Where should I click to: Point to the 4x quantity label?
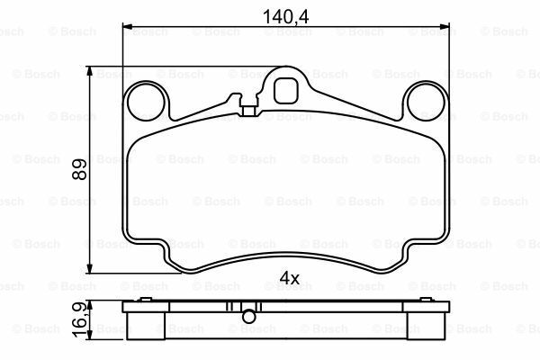289,279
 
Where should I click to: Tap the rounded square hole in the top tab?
286,90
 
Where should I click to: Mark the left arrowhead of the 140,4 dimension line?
124,27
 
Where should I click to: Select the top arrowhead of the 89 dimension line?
90,68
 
